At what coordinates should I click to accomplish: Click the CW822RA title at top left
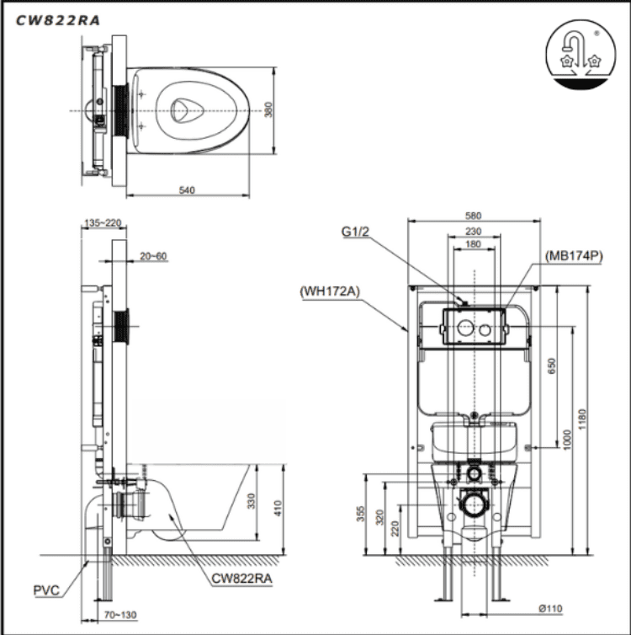click(57, 21)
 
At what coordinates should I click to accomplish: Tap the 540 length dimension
click(187, 190)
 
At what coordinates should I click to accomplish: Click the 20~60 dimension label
click(154, 256)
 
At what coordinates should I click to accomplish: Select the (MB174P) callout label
click(574, 256)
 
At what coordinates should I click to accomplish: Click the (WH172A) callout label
click(328, 292)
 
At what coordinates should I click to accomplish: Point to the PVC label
click(46, 590)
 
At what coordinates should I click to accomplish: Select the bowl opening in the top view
click(181, 110)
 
